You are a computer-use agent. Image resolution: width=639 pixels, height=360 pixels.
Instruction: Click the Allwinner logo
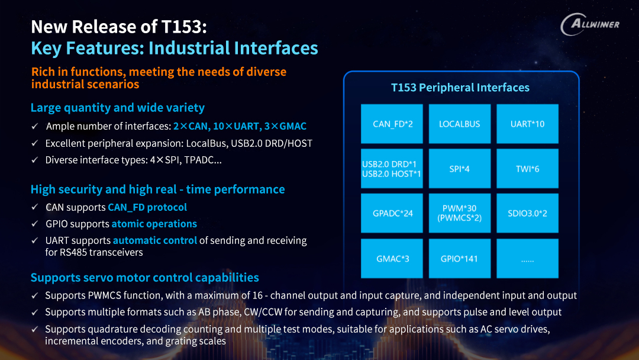[x=590, y=24]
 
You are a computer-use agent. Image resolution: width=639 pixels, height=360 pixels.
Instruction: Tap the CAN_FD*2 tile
[x=392, y=124]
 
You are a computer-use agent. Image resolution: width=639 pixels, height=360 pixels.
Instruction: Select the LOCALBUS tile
[x=460, y=124]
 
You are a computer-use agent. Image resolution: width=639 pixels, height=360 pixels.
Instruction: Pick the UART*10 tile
[x=527, y=124]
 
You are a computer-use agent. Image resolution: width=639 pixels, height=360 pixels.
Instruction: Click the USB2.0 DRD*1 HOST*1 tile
[x=392, y=168]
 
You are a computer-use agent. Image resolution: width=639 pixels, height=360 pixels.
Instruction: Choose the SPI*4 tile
[x=460, y=168]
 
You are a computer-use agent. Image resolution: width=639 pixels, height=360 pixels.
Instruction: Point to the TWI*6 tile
[x=527, y=168]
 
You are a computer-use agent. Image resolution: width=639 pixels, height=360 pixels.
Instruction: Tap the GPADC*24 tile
[x=392, y=213]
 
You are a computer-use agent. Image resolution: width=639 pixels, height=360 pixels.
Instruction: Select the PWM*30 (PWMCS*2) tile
[x=460, y=213]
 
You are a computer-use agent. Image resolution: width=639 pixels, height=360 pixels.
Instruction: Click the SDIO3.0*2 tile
[x=527, y=213]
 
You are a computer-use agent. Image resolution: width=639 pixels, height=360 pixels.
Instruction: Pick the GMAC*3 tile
[x=392, y=259]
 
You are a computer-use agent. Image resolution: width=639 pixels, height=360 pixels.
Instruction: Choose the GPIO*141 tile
[x=460, y=259]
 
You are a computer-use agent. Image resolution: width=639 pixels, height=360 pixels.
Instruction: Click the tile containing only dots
[x=527, y=259]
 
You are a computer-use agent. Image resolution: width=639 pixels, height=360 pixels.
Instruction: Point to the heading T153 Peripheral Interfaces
[x=460, y=87]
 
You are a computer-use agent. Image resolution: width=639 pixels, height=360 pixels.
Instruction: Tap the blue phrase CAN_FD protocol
[x=147, y=207]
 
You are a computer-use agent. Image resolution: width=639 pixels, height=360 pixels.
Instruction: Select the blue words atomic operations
[x=154, y=224]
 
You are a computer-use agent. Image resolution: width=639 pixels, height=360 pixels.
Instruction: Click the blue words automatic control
[x=155, y=240]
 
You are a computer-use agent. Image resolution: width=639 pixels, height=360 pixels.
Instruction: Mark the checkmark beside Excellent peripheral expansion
[x=35, y=143]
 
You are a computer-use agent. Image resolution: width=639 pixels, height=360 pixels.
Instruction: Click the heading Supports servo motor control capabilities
[x=145, y=278]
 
